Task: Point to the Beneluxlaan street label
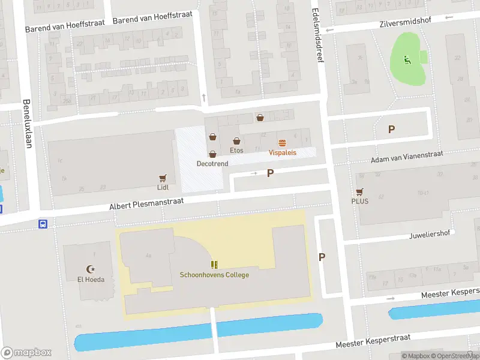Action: pos(26,123)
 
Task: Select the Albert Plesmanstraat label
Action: pos(146,202)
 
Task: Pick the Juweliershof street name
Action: pos(430,235)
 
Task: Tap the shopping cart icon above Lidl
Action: pos(163,178)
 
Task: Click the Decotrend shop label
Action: pos(212,163)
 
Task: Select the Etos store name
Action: pos(237,150)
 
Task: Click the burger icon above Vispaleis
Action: pos(282,142)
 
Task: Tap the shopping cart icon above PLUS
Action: pos(360,191)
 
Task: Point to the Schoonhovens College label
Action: pos(214,275)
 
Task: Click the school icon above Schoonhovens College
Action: pos(214,265)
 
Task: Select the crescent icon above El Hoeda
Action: pos(91,269)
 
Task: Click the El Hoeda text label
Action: pos(91,280)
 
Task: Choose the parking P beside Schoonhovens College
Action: pos(322,257)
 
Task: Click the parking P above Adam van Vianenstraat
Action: pos(392,129)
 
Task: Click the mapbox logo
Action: pos(26,352)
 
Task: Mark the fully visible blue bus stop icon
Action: pos(43,224)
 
